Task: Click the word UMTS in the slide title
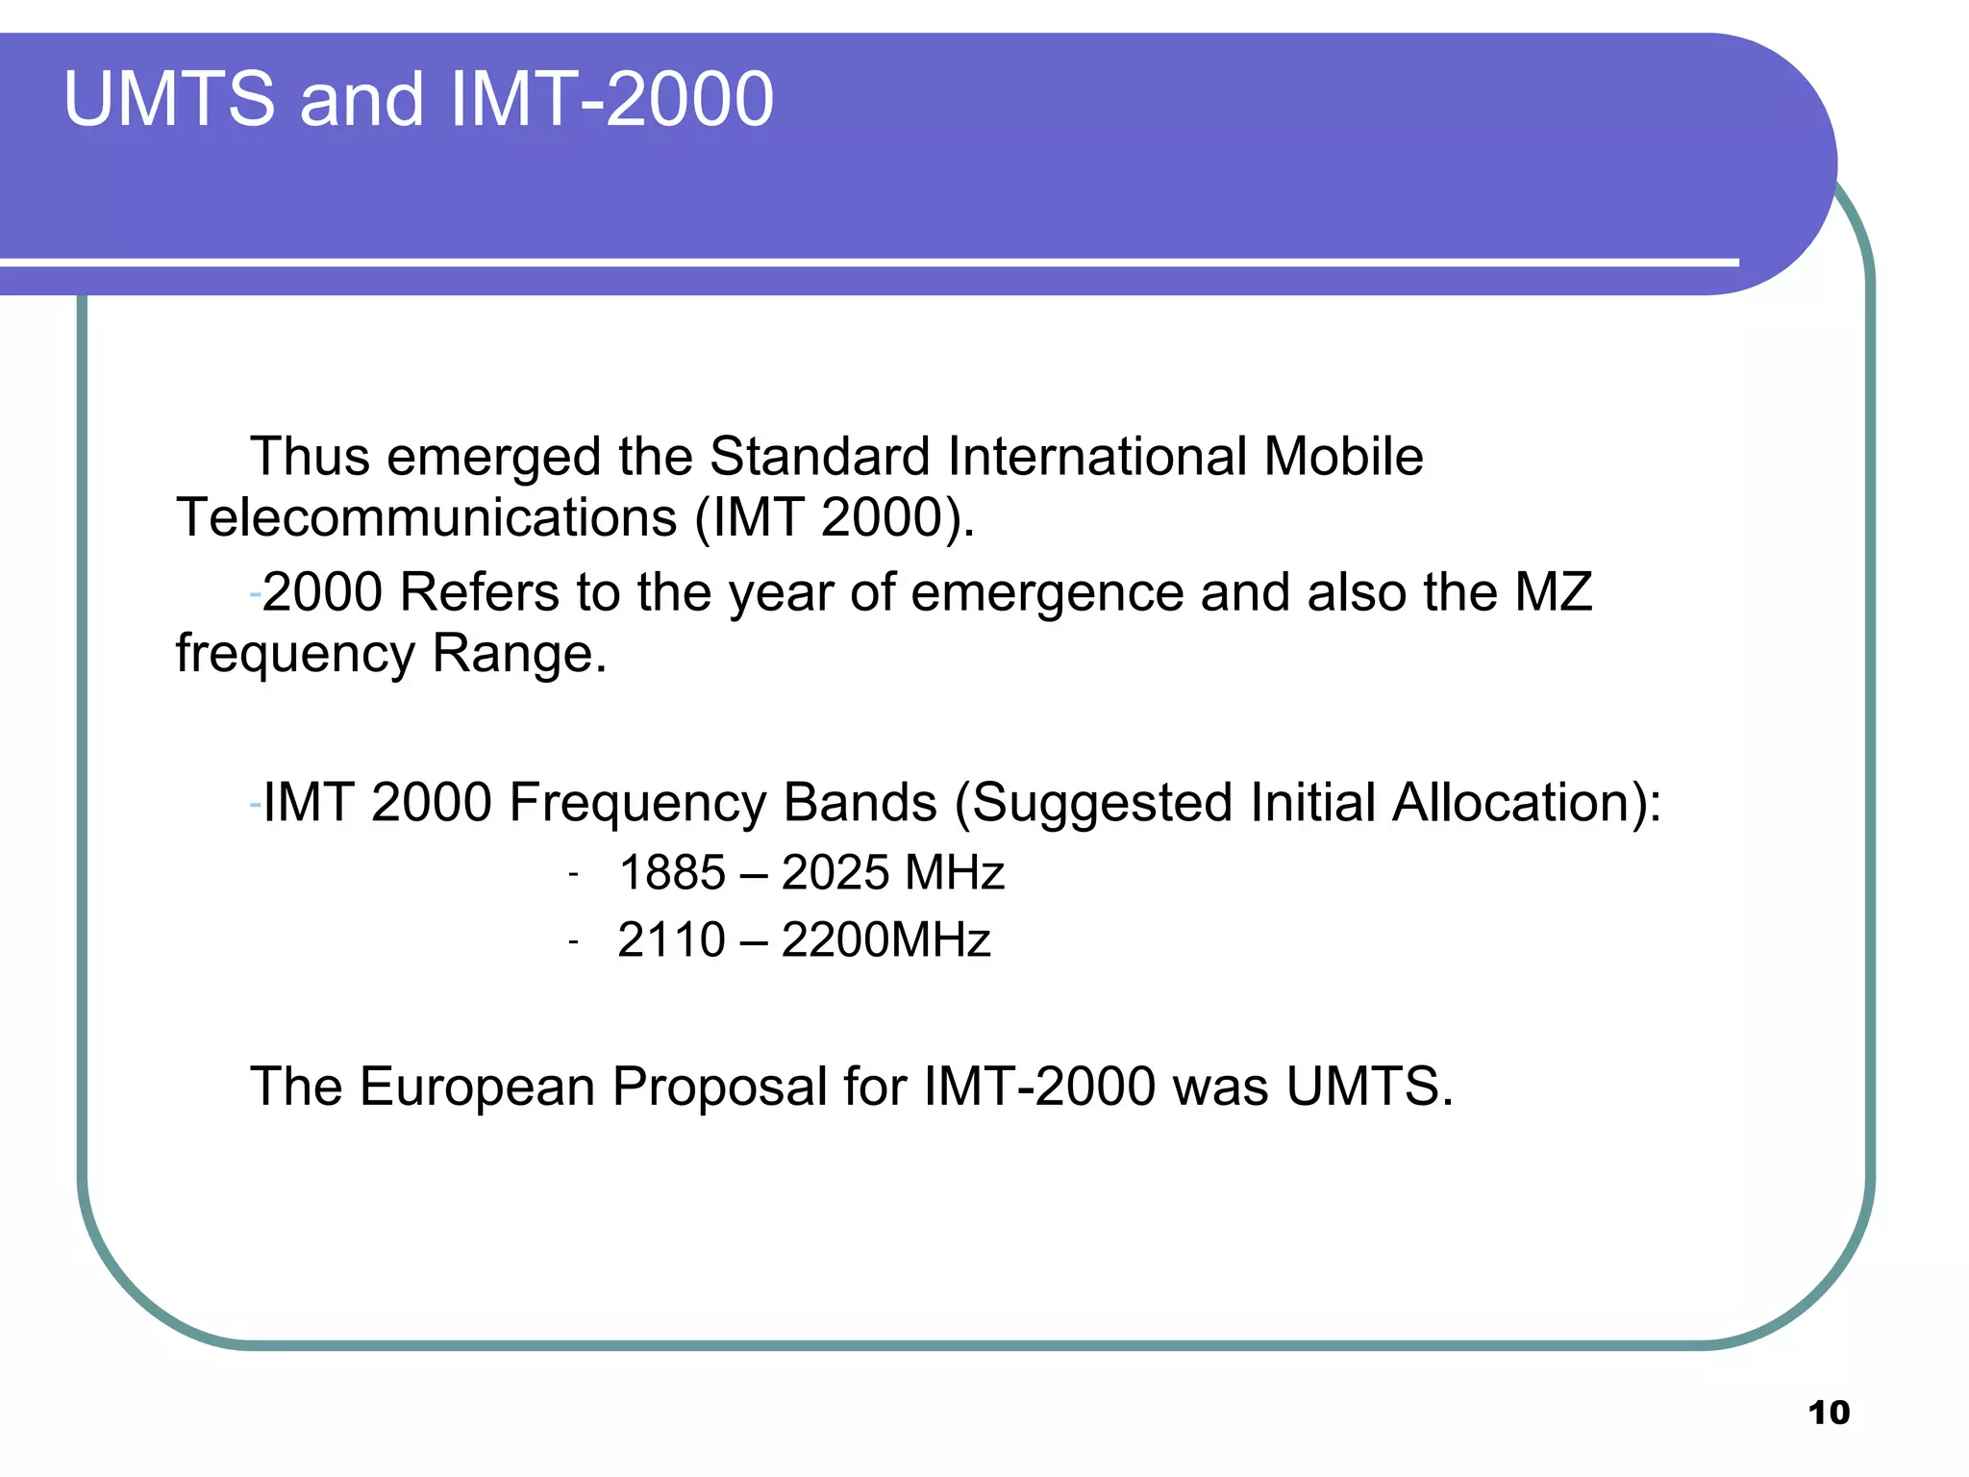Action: tap(169, 99)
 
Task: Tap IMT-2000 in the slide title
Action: tap(611, 99)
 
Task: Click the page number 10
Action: tap(1829, 1413)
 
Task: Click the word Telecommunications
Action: tap(427, 517)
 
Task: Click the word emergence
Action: tap(1047, 593)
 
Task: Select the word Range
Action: tap(519, 654)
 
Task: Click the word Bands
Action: tap(860, 802)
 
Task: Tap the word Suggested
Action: tap(1102, 804)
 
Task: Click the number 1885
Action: tap(672, 873)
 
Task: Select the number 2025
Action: tap(835, 873)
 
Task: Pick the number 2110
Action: tap(671, 939)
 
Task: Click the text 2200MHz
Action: tap(885, 939)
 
